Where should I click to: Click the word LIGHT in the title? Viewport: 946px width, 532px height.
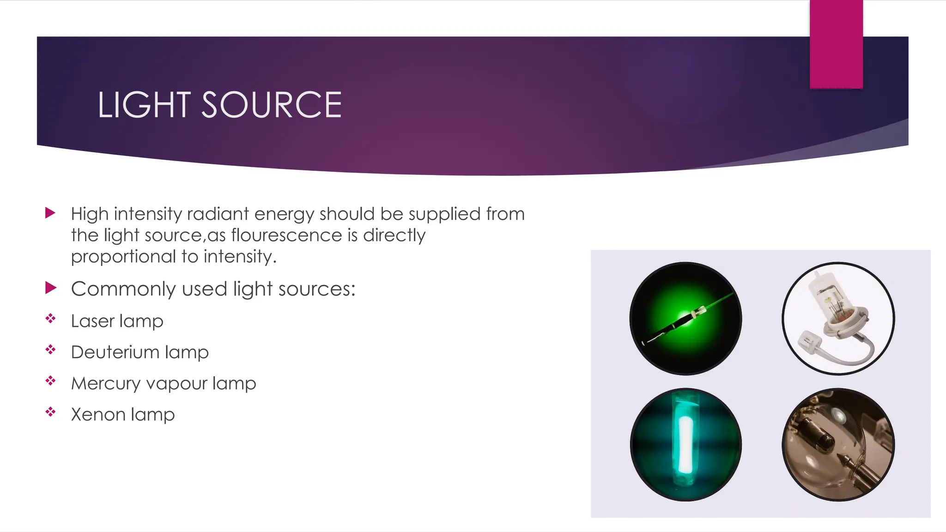coord(144,105)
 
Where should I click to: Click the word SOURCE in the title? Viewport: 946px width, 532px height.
coord(272,105)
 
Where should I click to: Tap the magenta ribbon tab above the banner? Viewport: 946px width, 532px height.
coord(836,44)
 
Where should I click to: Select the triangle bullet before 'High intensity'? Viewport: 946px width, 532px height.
coord(50,213)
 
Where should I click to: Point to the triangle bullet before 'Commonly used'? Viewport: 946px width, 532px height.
coord(50,288)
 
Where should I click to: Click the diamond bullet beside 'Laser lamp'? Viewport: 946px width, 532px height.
coord(50,318)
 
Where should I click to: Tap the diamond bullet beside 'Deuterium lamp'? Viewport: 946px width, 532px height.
coord(50,350)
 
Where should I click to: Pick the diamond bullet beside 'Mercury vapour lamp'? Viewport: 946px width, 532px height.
coord(50,381)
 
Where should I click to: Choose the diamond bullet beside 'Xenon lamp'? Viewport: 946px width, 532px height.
coord(50,411)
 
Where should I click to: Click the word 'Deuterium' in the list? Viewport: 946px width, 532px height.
coord(109,352)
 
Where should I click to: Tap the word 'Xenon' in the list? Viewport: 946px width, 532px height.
coord(98,415)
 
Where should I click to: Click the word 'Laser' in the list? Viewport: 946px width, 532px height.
coord(93,321)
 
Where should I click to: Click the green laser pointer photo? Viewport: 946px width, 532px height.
coord(685,318)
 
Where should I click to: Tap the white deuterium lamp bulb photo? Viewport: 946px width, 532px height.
coord(838,318)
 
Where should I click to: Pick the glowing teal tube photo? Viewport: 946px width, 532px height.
coord(685,444)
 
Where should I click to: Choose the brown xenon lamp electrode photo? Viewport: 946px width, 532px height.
coord(838,444)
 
